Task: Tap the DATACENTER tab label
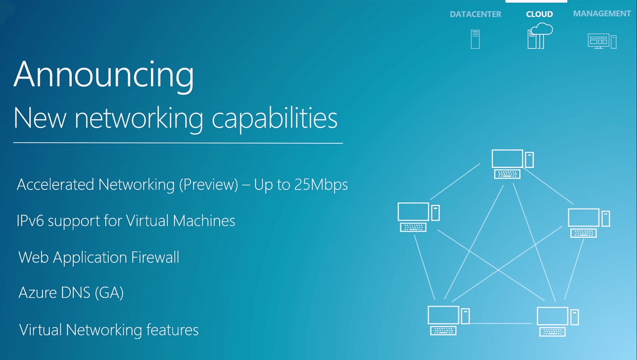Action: click(475, 14)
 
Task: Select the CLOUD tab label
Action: click(539, 14)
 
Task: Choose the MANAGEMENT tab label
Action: click(602, 14)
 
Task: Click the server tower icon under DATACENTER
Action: click(475, 40)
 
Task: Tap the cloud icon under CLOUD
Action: click(539, 36)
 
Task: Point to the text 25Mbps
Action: click(321, 185)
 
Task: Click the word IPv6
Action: click(30, 221)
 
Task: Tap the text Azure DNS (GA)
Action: click(71, 293)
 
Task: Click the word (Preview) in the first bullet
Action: click(208, 185)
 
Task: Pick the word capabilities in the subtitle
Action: click(275, 119)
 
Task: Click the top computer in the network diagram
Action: click(512, 164)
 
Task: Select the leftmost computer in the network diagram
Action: click(418, 216)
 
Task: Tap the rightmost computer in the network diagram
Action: click(588, 222)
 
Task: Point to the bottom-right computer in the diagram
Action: click(557, 321)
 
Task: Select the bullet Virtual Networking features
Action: click(109, 330)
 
